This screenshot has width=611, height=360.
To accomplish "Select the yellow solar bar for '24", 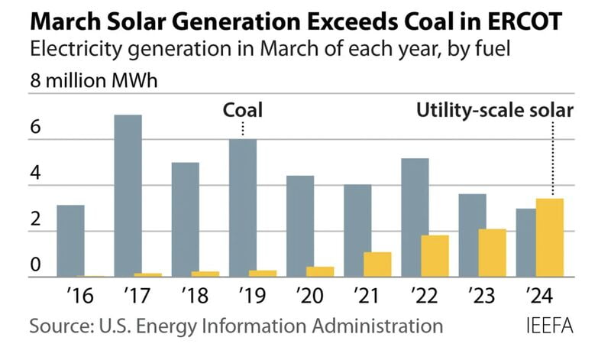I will click(551, 238).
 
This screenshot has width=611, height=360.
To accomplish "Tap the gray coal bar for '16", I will click(70, 241).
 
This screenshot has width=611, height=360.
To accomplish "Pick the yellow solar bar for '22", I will click(435, 256).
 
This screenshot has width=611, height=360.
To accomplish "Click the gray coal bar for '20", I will click(300, 226).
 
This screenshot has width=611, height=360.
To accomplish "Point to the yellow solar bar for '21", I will click(377, 264).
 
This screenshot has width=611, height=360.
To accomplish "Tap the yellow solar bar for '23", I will click(493, 253).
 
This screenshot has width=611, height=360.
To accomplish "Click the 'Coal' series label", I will click(242, 110).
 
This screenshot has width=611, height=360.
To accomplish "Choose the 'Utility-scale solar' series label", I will click(494, 110).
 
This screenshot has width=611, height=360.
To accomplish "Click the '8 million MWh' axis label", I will click(82, 81).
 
